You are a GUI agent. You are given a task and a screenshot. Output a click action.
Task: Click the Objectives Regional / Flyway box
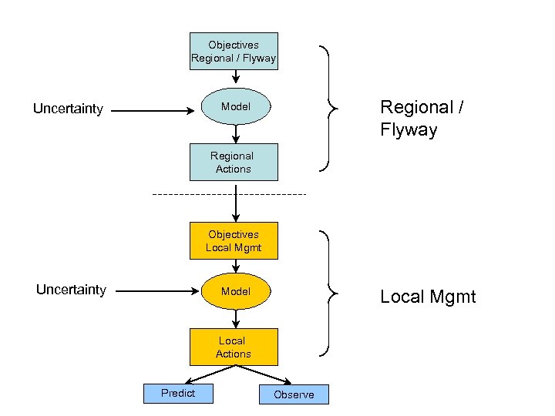coord(234,52)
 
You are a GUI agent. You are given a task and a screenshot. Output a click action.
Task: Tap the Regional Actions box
coord(234,162)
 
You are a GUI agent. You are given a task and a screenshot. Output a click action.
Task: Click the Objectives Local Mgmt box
coord(234,241)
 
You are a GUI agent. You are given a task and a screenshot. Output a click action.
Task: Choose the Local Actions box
coord(234,347)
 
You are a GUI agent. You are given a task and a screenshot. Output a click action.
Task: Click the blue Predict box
coord(178,393)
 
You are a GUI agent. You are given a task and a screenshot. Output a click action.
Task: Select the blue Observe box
coord(294,394)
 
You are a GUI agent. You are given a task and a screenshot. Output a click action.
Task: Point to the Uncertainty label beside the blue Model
coord(68,109)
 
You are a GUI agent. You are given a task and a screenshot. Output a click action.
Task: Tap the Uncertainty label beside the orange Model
coord(71,290)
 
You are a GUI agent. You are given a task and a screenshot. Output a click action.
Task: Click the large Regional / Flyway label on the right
coord(421,118)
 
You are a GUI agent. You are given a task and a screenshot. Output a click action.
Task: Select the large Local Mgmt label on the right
coord(428,297)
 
